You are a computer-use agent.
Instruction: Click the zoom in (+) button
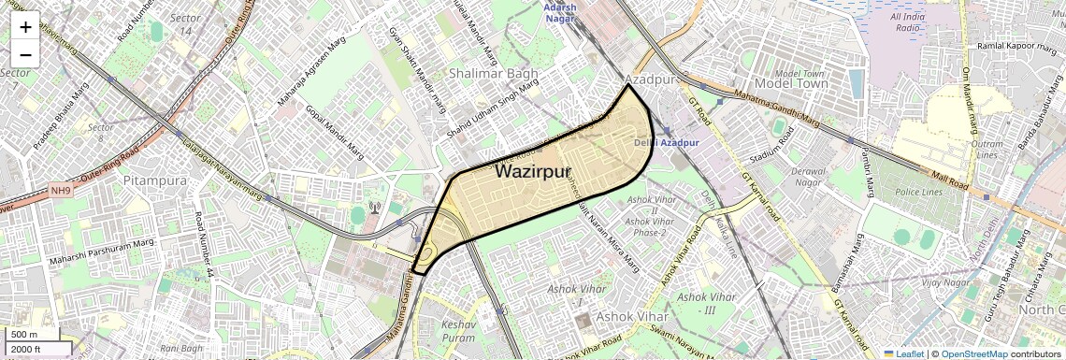(25, 26)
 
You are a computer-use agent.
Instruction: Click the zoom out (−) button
(25, 54)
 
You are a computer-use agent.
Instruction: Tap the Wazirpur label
(533, 171)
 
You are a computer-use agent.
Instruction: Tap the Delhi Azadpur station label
(666, 142)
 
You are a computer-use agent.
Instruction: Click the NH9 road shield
(61, 191)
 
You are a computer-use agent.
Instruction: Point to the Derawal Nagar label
(809, 177)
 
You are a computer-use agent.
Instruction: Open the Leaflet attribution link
(905, 353)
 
